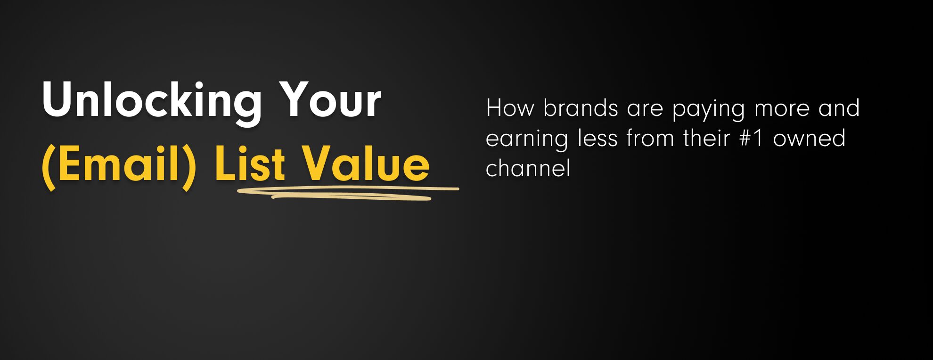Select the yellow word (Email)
[119, 165]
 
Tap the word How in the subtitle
[510, 108]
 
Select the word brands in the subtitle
[581, 108]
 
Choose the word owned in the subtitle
[810, 138]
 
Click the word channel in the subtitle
[528, 168]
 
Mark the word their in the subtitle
[706, 138]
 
